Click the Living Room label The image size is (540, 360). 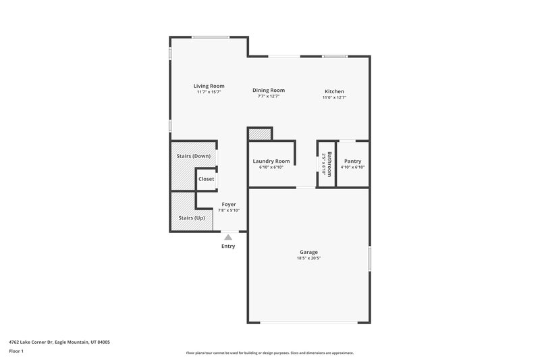[x=209, y=86]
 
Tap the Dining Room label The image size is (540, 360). [x=269, y=90]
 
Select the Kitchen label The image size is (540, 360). [x=334, y=91]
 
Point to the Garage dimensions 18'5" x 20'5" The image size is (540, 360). [x=308, y=258]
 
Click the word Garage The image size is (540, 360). [x=308, y=252]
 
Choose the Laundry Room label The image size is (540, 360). [x=271, y=161]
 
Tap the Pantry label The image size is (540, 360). [x=352, y=161]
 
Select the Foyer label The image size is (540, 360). [x=229, y=205]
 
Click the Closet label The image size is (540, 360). [x=206, y=179]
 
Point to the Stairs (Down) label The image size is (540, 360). [x=193, y=156]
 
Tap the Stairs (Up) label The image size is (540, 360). [x=191, y=217]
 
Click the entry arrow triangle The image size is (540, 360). [x=228, y=236]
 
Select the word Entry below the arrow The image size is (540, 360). [x=228, y=246]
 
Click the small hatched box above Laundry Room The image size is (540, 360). [x=259, y=134]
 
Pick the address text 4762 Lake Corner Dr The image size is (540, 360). [x=59, y=342]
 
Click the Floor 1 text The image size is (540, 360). [x=17, y=351]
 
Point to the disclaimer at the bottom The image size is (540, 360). [x=269, y=353]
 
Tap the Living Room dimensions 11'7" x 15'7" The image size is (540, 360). [x=209, y=92]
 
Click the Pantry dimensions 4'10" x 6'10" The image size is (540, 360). [x=352, y=167]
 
